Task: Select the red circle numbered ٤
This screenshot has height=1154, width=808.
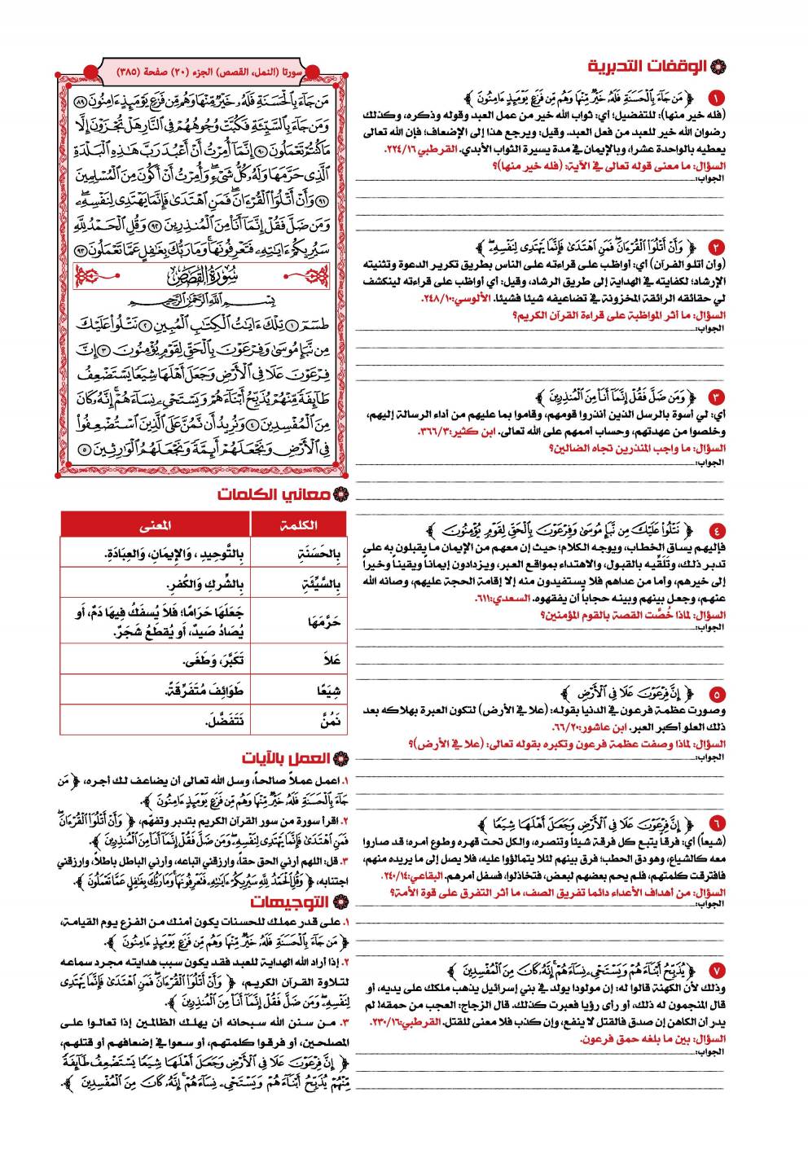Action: point(714,531)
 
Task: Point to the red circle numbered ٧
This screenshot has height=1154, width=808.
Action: point(714,970)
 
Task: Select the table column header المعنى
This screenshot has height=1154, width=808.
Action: point(155,525)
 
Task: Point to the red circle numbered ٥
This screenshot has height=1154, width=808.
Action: point(714,695)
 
